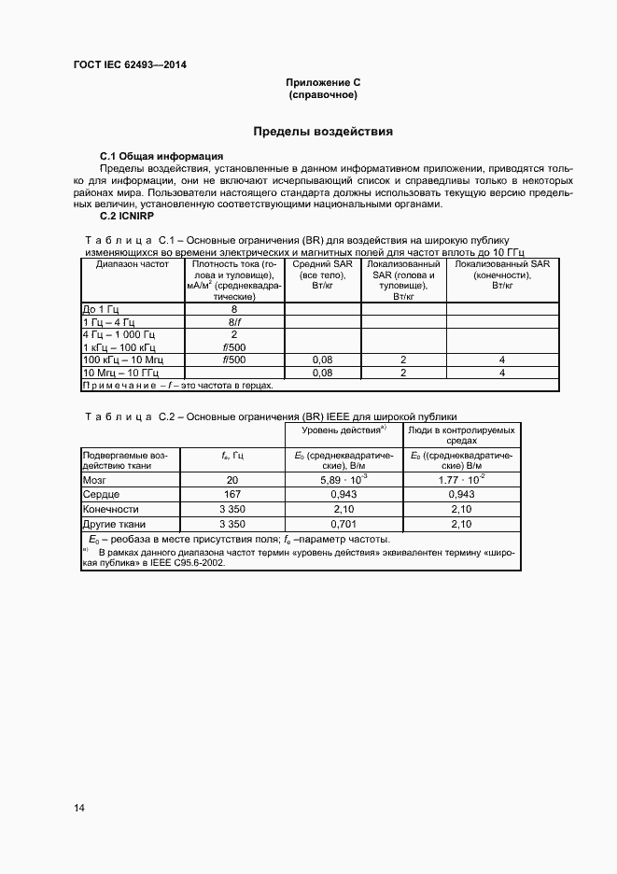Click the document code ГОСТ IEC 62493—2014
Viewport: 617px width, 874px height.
135,65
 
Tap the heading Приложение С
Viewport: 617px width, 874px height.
323,83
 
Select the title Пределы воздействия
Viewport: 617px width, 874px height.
323,132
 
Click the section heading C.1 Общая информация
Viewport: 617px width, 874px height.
161,155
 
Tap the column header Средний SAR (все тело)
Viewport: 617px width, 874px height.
322,275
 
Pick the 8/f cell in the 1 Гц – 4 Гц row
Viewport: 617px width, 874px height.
233,321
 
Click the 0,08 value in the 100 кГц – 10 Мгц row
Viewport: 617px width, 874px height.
322,359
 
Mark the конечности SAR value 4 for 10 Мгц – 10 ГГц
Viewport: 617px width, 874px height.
501,373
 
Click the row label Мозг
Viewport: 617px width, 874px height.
96,479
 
